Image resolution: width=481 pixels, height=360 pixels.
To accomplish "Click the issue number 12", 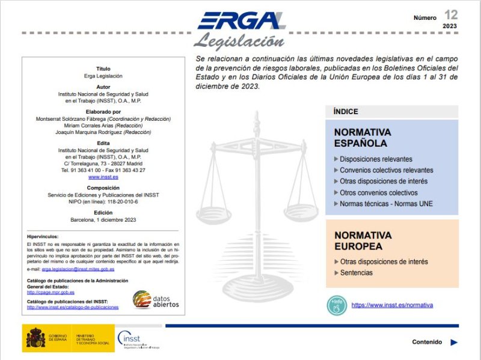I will (450, 14).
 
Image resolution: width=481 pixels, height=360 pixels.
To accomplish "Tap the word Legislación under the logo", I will (239, 41).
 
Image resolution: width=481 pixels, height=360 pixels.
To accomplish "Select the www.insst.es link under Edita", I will (103, 177).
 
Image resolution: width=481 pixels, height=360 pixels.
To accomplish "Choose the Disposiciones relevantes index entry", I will (376, 159).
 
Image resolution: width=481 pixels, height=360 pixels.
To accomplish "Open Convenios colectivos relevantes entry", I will (386, 170).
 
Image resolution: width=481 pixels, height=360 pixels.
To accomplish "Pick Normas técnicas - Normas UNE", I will (386, 204).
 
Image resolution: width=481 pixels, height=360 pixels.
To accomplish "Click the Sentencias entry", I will (356, 273).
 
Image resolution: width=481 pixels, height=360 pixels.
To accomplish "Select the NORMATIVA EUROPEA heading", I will (363, 241).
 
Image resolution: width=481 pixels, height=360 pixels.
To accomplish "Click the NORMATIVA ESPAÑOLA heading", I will (363, 138).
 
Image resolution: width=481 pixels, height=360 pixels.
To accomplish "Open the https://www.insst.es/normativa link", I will (392, 305).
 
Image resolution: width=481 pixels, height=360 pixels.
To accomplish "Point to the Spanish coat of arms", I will (34, 339).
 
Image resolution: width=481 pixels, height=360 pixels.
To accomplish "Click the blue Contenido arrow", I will (454, 343).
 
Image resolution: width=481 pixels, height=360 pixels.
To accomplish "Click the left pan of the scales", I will (215, 212).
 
